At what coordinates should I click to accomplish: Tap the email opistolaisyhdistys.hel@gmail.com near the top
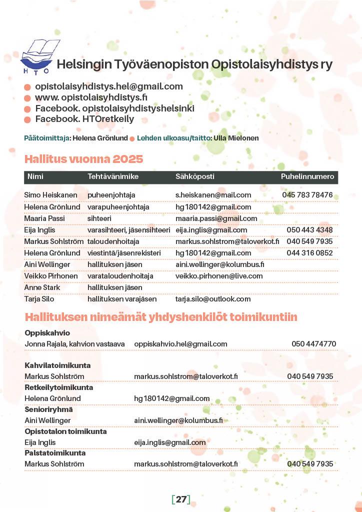[108, 86]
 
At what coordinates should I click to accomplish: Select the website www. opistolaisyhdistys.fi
[91, 97]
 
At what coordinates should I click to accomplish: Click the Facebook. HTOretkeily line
[84, 119]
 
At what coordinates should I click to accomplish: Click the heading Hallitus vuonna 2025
[83, 159]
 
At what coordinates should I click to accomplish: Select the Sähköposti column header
[195, 176]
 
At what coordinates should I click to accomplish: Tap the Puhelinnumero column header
[307, 176]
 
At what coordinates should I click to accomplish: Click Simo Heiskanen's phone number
[307, 195]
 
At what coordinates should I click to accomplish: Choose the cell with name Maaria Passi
[42, 218]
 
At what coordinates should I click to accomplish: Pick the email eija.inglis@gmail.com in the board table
[211, 230]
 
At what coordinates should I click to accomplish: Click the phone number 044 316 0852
[309, 253]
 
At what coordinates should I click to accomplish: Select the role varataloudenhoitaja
[120, 275]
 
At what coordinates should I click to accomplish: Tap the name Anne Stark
[42, 287]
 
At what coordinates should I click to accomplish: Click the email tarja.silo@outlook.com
[213, 298]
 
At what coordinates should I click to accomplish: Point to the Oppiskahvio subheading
[47, 332]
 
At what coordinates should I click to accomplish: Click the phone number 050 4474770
[313, 343]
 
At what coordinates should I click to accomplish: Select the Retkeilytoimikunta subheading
[58, 387]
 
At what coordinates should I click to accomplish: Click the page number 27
[181, 498]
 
